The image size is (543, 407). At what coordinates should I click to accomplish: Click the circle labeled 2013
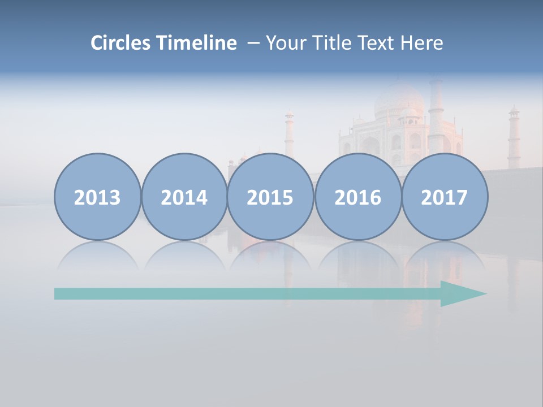click(x=97, y=197)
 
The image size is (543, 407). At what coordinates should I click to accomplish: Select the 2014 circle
click(x=184, y=197)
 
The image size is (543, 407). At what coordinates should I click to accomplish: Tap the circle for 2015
click(x=270, y=197)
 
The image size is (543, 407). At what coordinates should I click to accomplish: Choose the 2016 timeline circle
click(x=357, y=197)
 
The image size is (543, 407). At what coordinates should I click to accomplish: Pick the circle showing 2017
click(x=444, y=197)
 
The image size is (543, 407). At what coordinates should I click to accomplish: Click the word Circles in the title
click(x=122, y=43)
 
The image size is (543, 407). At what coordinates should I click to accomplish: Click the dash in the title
click(x=253, y=44)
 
